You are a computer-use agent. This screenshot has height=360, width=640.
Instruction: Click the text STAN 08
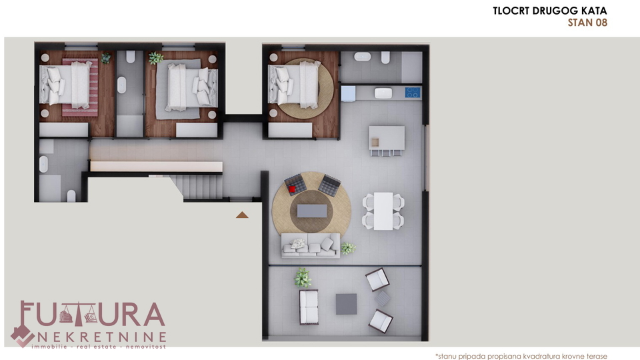coord(587,23)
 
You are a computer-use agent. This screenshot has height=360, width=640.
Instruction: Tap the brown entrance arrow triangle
coord(242,215)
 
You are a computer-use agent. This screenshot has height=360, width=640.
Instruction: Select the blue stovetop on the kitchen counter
coord(412,93)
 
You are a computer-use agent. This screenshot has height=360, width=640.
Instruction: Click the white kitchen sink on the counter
coord(383,93)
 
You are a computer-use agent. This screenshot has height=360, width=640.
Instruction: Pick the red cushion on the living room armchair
coord(292,189)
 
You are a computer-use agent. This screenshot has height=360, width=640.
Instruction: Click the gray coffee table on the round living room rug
coord(312,211)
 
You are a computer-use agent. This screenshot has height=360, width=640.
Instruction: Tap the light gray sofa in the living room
coord(311,245)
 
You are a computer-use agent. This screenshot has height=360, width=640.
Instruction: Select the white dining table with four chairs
coord(383,211)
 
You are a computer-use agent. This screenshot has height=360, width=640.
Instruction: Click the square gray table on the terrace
coord(346,304)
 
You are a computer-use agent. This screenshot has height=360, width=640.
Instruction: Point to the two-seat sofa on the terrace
coord(309,307)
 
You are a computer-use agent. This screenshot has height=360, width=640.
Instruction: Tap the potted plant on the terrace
coord(303,277)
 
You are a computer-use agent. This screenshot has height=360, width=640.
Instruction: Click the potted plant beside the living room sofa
coord(348,248)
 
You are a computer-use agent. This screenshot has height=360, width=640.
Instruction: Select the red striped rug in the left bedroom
coord(80,87)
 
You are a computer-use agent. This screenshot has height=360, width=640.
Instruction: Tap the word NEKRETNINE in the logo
coord(102,337)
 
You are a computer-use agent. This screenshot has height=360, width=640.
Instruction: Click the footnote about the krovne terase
coord(521,356)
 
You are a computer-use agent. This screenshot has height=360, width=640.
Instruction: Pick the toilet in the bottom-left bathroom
coord(71,195)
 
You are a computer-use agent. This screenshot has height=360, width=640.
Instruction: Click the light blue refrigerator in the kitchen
coord(348,93)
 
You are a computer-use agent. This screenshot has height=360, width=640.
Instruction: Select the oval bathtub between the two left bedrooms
coord(121,85)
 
